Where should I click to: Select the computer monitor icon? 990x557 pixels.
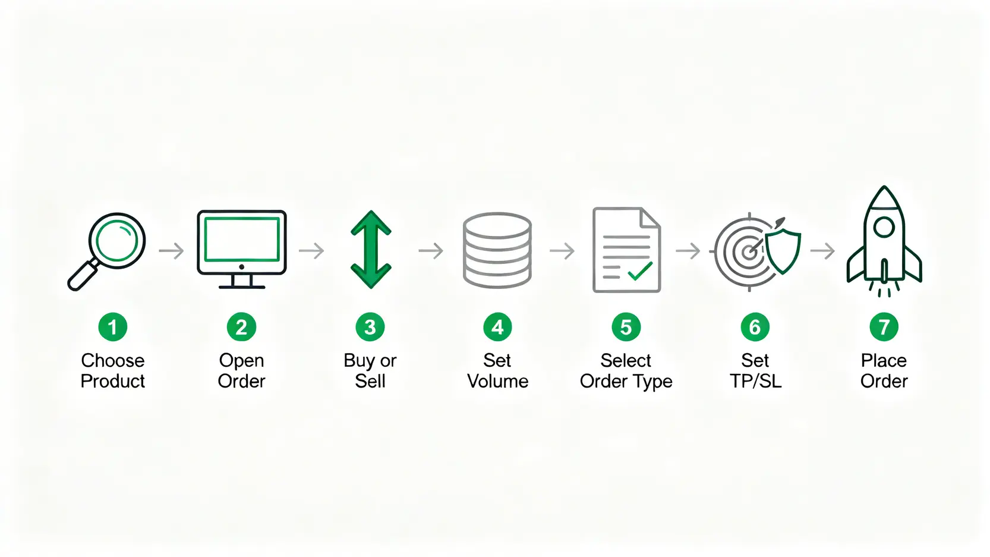(x=242, y=249)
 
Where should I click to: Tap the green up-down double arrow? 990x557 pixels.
(x=371, y=249)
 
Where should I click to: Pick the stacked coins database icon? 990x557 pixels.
(x=497, y=250)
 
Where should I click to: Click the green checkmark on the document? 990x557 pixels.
(x=640, y=270)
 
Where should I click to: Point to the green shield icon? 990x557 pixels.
(x=783, y=251)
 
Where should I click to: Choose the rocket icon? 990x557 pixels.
(x=884, y=241)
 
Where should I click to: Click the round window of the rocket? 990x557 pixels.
(x=884, y=227)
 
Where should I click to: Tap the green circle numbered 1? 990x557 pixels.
(x=113, y=327)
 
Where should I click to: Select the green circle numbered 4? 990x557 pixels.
(x=497, y=327)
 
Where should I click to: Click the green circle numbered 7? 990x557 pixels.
(x=884, y=327)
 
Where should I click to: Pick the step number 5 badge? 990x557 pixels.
(x=626, y=327)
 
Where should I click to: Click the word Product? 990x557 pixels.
(x=113, y=381)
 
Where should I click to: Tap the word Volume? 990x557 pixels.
(x=497, y=381)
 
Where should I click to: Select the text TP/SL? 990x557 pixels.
(x=755, y=381)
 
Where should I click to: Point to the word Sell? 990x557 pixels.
(x=370, y=381)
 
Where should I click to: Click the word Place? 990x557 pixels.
(x=884, y=361)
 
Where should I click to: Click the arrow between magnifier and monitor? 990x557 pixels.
(x=172, y=251)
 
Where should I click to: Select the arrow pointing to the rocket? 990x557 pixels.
(x=822, y=251)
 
